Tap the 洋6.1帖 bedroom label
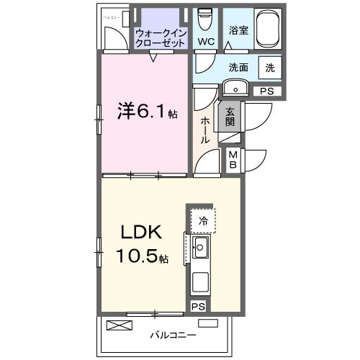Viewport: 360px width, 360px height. coord(147,113)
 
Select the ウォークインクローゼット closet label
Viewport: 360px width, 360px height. coord(161,37)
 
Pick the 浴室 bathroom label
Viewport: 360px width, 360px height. coord(238,31)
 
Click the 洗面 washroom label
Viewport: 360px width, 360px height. coord(239,68)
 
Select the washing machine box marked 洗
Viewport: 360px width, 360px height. coord(269,68)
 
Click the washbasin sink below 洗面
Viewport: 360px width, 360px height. coord(235,87)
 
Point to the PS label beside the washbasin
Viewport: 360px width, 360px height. coord(266,91)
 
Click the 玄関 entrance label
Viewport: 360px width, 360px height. coord(230,117)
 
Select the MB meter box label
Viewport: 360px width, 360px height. coord(233,159)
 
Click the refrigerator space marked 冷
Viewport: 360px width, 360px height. coord(203,221)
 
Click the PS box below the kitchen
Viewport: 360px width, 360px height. coord(197,307)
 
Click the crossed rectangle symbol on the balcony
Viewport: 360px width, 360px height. coord(120,325)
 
